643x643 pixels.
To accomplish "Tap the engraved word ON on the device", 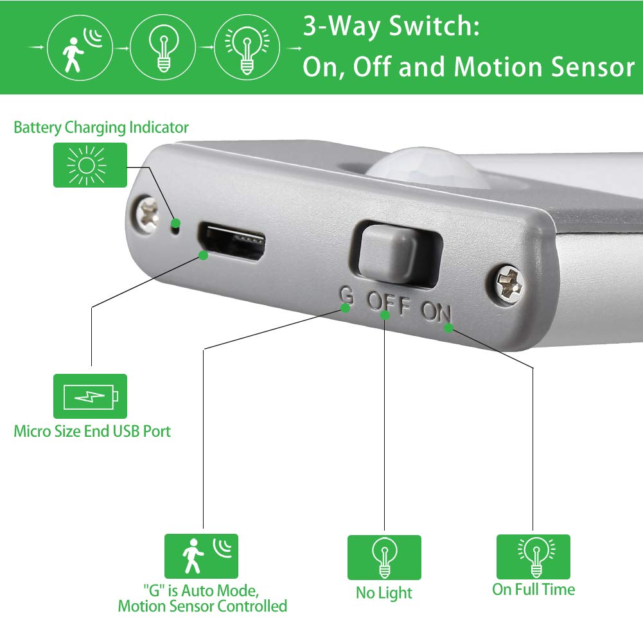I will [x=437, y=312].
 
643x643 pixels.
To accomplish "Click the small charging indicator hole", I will [x=173, y=224].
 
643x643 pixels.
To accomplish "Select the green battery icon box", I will [x=90, y=396].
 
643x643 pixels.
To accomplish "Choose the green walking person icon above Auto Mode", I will [x=201, y=556].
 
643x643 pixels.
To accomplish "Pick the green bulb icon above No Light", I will [x=384, y=557].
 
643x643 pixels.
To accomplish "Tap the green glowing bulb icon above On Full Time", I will [x=533, y=556].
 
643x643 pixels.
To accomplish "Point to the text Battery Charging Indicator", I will [x=101, y=127].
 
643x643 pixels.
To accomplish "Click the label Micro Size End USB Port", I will [x=92, y=431].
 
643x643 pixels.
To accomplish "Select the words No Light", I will [x=384, y=592].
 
